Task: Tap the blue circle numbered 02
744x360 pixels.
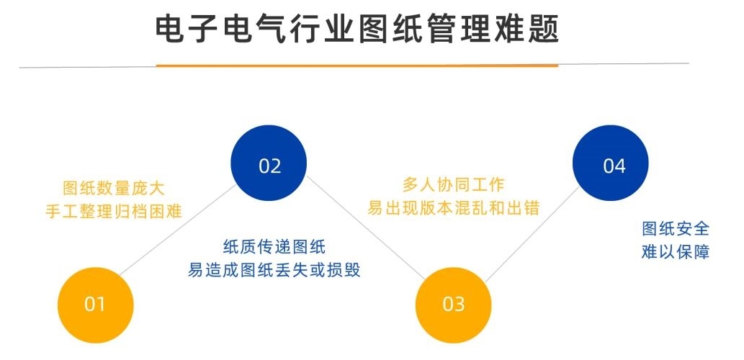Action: [269, 163]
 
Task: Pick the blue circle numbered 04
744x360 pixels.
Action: [610, 163]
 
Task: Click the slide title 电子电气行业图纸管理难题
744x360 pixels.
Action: [357, 30]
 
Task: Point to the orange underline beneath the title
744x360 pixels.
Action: [357, 66]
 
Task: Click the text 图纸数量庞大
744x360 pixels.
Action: [114, 189]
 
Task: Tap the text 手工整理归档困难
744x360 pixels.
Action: [114, 210]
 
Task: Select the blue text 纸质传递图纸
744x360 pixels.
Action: [274, 247]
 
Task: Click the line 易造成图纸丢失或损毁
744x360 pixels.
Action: [274, 269]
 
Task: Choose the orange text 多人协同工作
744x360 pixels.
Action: [453, 185]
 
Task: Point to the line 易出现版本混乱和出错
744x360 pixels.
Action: [453, 208]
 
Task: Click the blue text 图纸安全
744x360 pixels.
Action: [676, 229]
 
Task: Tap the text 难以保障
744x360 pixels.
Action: [676, 251]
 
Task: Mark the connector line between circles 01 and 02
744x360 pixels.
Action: [178, 230]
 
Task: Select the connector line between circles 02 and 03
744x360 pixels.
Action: [365, 228]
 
